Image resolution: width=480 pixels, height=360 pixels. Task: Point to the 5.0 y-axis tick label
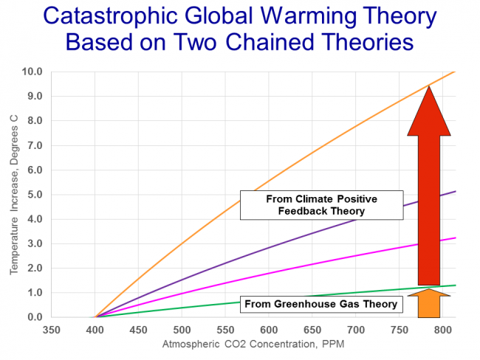[x=32, y=195]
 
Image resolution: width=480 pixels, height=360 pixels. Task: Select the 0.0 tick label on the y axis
[x=32, y=317]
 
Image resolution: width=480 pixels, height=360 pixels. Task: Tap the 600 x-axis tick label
[x=268, y=330]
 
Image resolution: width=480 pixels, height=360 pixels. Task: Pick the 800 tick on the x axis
[x=442, y=330]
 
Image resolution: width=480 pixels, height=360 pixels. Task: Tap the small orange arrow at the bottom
[x=428, y=302]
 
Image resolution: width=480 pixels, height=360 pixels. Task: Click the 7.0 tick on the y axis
[x=32, y=145]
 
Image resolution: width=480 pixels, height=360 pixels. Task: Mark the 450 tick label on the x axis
[x=137, y=330]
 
